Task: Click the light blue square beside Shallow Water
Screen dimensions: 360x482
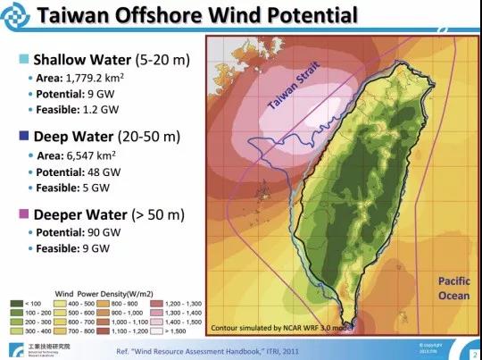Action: coord(22,61)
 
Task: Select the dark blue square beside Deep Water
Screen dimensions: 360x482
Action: coord(22,137)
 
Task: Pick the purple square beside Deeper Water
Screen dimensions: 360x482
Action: coord(22,214)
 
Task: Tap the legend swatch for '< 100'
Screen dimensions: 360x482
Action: coord(15,304)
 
